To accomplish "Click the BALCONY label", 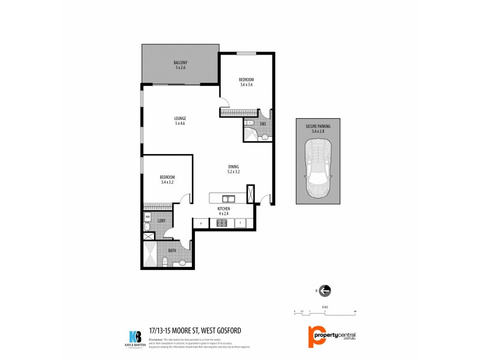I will tap(181, 62).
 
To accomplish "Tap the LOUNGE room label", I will tap(180, 118).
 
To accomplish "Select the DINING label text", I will tap(233, 167).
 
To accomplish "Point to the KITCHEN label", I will tap(224, 208).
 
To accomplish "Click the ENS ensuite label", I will tap(263, 125).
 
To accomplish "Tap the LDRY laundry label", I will tap(161, 221).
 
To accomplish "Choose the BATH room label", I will tap(172, 250).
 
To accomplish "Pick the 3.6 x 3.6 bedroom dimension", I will tap(247, 85).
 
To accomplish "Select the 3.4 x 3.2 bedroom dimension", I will tap(167, 182).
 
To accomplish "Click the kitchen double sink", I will tap(228, 199).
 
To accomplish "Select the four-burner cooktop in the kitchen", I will tap(221, 223).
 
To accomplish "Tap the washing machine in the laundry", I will tap(148, 217).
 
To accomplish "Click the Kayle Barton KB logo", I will tap(136, 336).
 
